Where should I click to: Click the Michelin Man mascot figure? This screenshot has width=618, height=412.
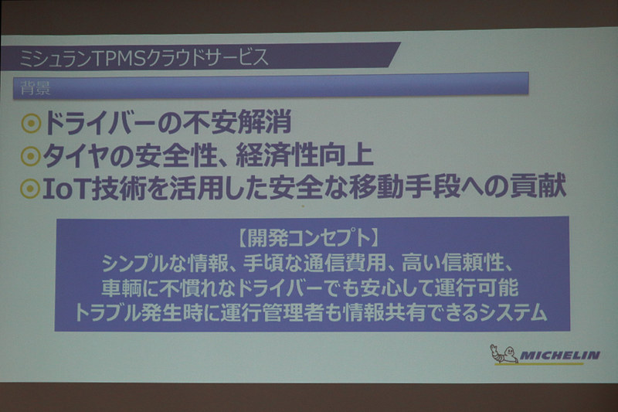pos(502,355)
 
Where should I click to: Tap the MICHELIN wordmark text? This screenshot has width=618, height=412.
pos(559,356)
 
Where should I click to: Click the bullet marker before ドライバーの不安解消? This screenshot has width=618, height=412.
pos(31,124)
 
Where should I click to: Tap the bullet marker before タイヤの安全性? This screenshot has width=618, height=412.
pos(31,157)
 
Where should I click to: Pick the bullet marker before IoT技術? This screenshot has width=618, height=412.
pos(31,189)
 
